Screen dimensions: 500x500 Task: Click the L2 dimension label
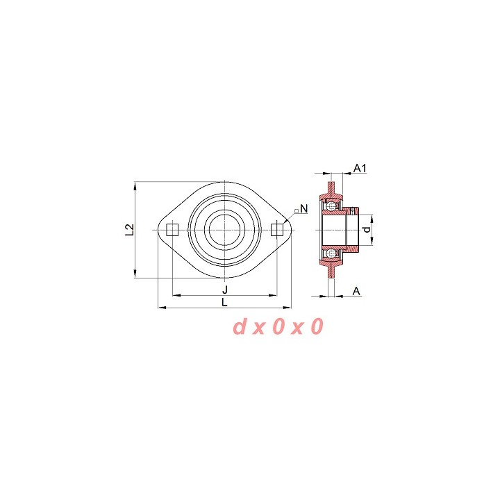[129, 230]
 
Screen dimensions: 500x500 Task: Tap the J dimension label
[225, 290]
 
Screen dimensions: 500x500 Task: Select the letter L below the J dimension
[225, 302]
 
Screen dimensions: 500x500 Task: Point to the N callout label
[304, 209]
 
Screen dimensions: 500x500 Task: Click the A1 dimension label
[360, 168]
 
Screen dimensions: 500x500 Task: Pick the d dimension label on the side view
[367, 230]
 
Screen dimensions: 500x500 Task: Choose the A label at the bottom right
[356, 291]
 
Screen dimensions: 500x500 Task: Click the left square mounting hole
[172, 230]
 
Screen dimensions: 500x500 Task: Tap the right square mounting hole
[277, 230]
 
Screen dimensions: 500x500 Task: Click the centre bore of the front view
[225, 230]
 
